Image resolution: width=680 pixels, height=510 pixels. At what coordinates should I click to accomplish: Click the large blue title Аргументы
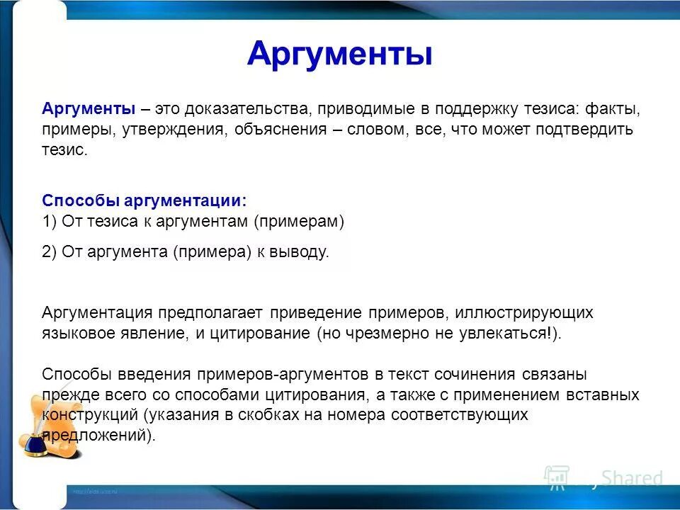pos(339,54)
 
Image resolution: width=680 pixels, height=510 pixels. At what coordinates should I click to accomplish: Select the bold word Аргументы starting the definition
pos(89,109)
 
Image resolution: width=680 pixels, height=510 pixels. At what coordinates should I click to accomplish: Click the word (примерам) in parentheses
pos(298,222)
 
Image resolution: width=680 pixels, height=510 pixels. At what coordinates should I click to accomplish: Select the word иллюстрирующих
pos(523,312)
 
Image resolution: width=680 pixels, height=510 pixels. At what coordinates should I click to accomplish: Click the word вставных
pos(606,395)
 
